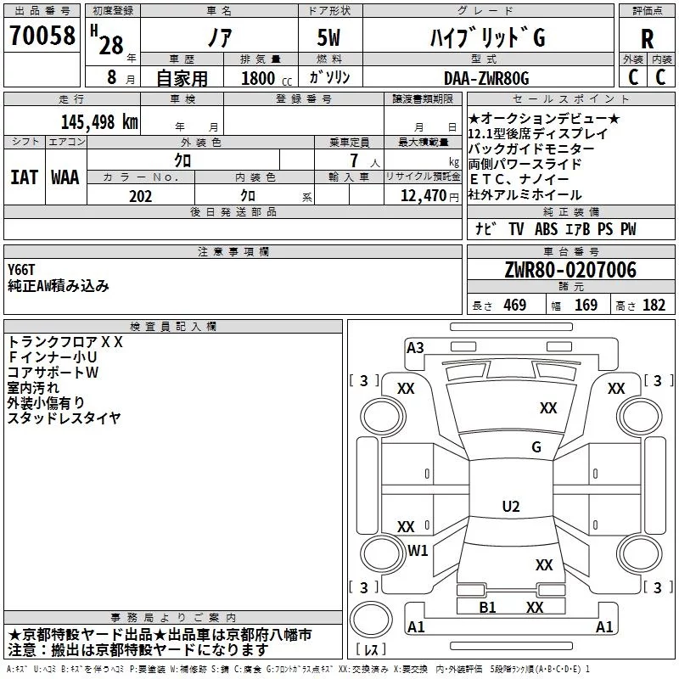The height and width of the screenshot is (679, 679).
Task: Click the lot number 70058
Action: (42, 35)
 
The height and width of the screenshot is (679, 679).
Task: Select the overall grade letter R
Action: (647, 39)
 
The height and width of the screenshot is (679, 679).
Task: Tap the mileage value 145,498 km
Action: (99, 121)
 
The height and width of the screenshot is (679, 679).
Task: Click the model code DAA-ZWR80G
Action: (486, 78)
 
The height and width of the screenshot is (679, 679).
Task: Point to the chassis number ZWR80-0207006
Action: (570, 270)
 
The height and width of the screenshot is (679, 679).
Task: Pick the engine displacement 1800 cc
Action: (267, 78)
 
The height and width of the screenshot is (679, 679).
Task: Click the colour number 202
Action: (141, 196)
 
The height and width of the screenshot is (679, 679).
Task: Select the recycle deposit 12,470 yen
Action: (429, 196)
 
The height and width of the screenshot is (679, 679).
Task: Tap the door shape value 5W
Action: (328, 37)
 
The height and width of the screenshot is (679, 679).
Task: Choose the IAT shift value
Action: (25, 177)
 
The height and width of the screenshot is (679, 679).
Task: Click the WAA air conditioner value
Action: (65, 177)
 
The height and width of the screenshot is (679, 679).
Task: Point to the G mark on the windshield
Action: (536, 446)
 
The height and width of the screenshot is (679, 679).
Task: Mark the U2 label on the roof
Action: (511, 506)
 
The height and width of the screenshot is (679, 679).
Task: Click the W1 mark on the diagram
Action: (418, 550)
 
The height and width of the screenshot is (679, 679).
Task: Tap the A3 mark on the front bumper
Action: (415, 348)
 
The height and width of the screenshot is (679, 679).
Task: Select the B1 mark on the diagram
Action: (487, 607)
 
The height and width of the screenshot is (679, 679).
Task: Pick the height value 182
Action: (654, 305)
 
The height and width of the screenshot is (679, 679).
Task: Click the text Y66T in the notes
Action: (21, 270)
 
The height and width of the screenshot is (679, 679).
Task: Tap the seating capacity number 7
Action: (354, 160)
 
